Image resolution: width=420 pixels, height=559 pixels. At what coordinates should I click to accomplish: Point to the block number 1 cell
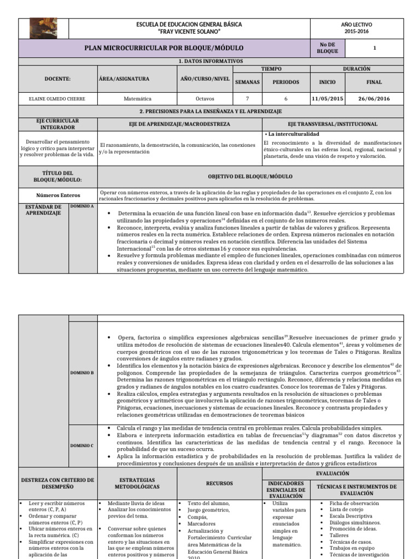375,48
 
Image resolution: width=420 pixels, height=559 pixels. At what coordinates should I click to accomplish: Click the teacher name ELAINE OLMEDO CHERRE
57,99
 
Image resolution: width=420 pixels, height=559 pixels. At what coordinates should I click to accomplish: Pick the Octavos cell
205,99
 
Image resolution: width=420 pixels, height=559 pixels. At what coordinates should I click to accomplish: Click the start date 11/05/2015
327,99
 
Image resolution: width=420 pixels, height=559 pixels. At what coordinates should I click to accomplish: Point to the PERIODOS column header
282,82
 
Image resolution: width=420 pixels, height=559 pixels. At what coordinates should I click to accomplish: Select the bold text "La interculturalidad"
293,134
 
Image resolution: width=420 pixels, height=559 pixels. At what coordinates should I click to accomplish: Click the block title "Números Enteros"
58,195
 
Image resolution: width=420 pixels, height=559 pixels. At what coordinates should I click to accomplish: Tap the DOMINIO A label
81,206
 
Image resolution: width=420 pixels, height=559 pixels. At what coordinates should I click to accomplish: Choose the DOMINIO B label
82,372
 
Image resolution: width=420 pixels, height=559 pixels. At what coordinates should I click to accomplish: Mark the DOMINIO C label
82,445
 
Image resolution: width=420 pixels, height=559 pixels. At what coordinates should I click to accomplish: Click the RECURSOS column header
219,483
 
